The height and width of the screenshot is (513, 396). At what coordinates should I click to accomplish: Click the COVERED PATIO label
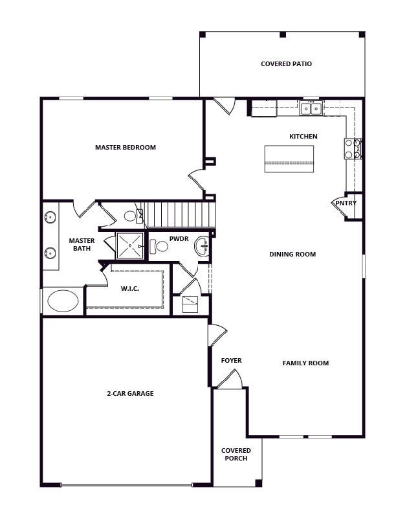click(x=286, y=63)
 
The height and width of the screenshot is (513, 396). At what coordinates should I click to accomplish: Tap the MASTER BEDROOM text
click(x=126, y=147)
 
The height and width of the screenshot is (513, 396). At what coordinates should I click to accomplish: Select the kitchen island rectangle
click(x=289, y=159)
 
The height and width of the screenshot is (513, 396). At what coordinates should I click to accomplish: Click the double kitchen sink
click(x=311, y=108)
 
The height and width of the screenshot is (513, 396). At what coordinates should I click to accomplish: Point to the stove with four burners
click(x=353, y=149)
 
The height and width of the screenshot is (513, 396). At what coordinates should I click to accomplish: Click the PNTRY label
click(x=346, y=203)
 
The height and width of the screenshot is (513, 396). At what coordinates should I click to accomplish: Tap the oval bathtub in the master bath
click(x=63, y=301)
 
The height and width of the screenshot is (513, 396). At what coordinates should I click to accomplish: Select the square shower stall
click(x=130, y=245)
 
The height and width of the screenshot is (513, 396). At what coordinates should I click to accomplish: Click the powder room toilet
click(x=159, y=246)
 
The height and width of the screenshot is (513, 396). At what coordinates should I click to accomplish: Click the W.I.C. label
click(x=129, y=289)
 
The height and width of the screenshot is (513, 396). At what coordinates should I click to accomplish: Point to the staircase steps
click(x=180, y=214)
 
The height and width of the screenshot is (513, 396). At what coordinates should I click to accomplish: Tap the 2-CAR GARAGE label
click(x=130, y=393)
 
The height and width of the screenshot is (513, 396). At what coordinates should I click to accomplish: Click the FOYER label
click(x=232, y=361)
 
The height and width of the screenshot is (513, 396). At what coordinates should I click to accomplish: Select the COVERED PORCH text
click(x=236, y=455)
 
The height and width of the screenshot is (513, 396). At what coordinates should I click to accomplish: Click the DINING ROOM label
click(x=292, y=254)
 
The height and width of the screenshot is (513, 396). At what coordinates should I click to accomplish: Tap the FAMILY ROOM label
click(x=305, y=363)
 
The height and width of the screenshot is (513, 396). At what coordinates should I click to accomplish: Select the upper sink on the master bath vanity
click(x=50, y=217)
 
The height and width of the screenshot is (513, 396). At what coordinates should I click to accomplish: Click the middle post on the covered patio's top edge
click(x=283, y=34)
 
